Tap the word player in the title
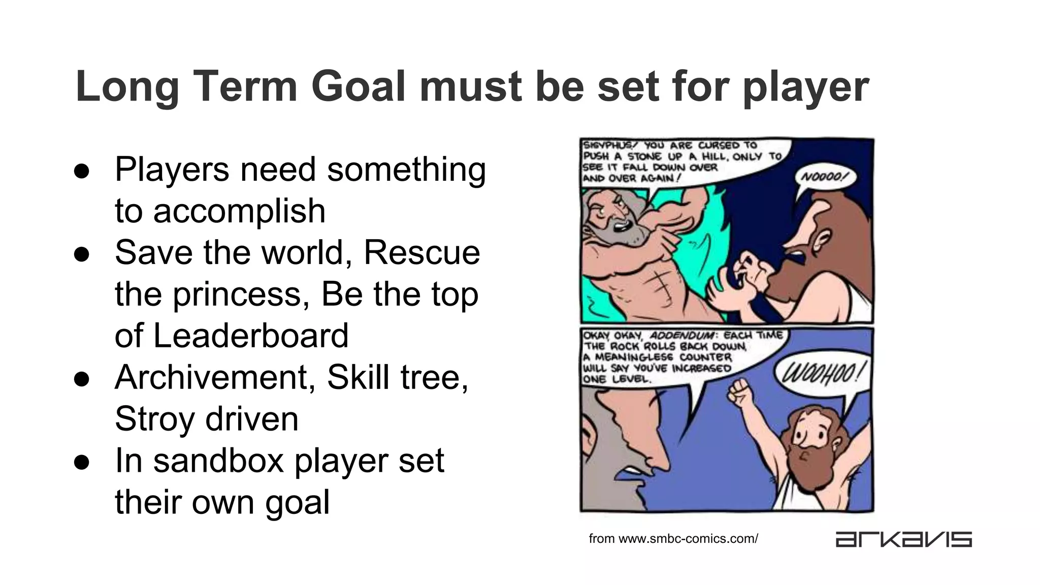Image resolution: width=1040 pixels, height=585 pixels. click(806, 87)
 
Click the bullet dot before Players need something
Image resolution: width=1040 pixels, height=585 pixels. click(82, 171)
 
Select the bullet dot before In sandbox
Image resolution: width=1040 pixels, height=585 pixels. click(82, 462)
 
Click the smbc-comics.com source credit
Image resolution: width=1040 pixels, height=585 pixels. click(673, 539)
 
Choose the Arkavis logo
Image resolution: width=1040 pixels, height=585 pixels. click(903, 539)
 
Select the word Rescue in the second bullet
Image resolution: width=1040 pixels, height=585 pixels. click(421, 253)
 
